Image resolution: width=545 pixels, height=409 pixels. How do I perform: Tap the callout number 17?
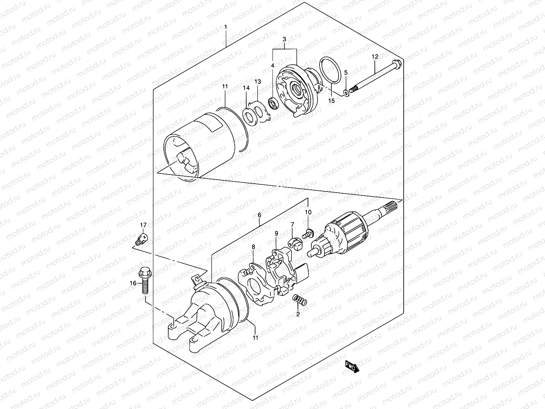[x=143, y=225]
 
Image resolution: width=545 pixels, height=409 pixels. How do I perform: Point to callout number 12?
[x=375, y=57]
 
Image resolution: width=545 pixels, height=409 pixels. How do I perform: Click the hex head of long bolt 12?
[x=396, y=64]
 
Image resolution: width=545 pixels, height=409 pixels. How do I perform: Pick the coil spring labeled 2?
[x=300, y=301]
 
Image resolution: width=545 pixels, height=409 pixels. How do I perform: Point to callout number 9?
[x=276, y=233]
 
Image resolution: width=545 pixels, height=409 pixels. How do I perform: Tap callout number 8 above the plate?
[x=253, y=247]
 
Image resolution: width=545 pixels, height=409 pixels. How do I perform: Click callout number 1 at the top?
[x=225, y=26]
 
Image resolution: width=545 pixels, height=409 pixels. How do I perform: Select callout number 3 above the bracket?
[x=284, y=40]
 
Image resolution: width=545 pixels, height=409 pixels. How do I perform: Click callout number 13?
[x=258, y=81]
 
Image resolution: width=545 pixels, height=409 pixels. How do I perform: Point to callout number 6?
[x=259, y=215]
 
